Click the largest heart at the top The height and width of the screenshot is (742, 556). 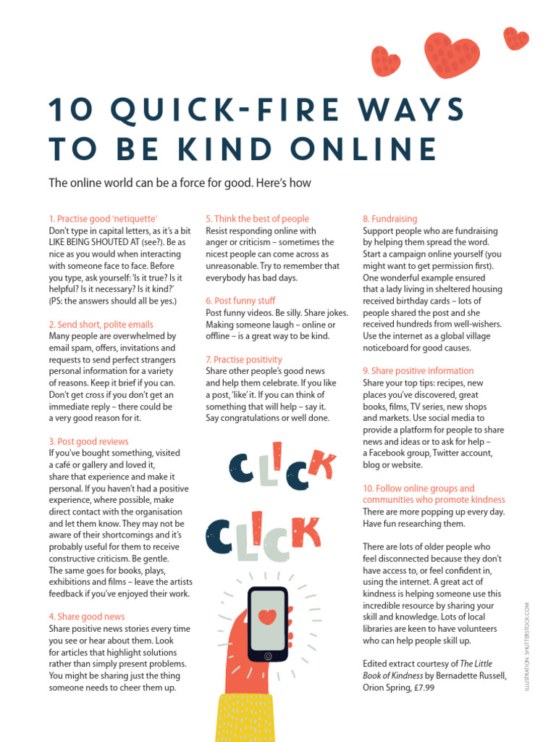(x=451, y=54)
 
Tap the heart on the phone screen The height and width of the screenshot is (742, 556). (x=268, y=616)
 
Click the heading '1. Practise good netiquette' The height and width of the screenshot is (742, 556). (x=103, y=219)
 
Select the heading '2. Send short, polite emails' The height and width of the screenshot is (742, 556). (x=101, y=324)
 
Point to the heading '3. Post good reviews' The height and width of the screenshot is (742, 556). (x=89, y=441)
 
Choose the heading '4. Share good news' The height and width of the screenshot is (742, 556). (x=87, y=617)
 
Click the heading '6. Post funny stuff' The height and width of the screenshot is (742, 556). (x=240, y=301)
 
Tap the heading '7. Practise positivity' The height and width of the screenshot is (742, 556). (x=244, y=359)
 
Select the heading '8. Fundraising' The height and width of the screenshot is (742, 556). (x=390, y=219)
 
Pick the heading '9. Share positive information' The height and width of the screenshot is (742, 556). (x=418, y=370)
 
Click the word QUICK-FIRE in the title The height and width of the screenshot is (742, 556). (x=226, y=109)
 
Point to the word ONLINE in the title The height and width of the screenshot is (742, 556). (x=363, y=149)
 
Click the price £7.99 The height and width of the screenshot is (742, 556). (x=424, y=688)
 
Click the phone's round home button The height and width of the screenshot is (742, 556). (x=268, y=656)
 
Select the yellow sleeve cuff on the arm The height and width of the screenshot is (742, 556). (x=245, y=718)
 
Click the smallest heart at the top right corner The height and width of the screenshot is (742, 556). (x=515, y=38)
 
